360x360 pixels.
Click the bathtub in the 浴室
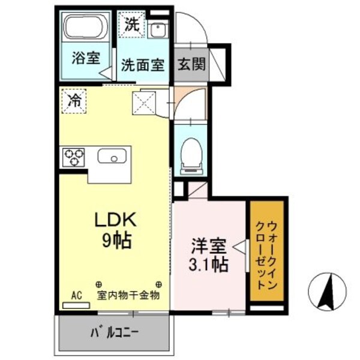[85, 28]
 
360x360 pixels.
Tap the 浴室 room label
[86, 58]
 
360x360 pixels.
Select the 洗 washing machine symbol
[131, 25]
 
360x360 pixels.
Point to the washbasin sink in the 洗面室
[158, 30]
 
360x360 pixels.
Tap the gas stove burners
[73, 157]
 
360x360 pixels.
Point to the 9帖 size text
[115, 242]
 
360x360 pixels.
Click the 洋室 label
[209, 246]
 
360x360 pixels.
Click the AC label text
[76, 295]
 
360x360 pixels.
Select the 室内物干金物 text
[128, 295]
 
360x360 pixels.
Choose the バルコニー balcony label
[115, 331]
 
